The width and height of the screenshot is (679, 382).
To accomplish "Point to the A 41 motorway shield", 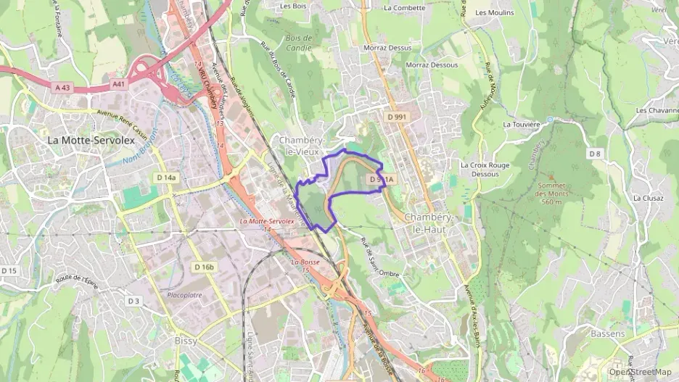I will (118, 85).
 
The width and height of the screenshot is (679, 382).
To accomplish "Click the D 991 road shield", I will (397, 116).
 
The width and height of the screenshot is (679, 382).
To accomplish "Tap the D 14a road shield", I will (165, 177).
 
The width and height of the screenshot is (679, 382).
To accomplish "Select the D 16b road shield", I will (205, 267).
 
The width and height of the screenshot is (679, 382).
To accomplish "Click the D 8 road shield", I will (595, 153).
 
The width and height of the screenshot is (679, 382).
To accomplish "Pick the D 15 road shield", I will (9, 270).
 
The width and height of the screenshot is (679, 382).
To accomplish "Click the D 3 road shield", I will (133, 301).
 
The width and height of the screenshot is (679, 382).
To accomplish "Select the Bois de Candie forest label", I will (298, 43).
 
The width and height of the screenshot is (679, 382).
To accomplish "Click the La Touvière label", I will (522, 124).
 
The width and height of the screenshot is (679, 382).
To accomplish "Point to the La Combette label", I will (405, 8).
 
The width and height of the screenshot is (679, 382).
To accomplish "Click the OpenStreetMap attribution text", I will (641, 372).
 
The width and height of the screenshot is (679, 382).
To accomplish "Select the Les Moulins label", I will (494, 12).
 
